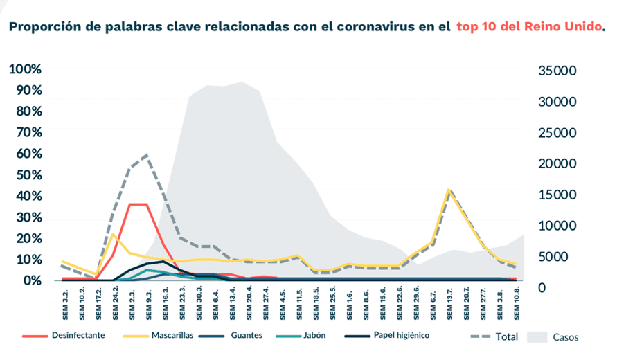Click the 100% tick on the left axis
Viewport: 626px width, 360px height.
26,69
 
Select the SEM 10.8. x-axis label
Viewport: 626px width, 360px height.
516,302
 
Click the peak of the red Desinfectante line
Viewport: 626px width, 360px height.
138,204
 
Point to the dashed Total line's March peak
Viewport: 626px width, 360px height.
147,155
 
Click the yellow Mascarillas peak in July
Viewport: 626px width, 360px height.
449,189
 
